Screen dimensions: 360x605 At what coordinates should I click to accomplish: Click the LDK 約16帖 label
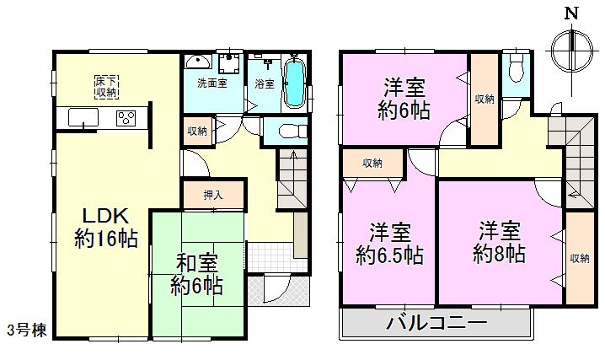pyautogui.click(x=105, y=226)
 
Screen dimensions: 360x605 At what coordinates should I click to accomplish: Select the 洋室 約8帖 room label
pyautogui.click(x=501, y=240)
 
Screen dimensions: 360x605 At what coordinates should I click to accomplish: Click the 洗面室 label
pyautogui.click(x=211, y=84)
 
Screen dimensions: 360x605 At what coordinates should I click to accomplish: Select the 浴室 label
pyautogui.click(x=265, y=84)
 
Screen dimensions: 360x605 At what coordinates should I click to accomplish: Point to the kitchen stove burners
pyautogui.click(x=126, y=118)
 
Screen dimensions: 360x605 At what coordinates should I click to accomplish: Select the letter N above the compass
pyautogui.click(x=571, y=14)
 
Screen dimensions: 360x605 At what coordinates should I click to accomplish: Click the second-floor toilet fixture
pyautogui.click(x=516, y=67)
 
